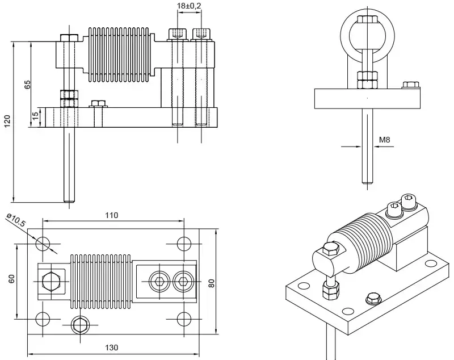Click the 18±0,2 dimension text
[190, 6]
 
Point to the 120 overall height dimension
[7, 121]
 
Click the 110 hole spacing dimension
[111, 215]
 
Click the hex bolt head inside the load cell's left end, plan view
[49, 281]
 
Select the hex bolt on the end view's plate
[410, 86]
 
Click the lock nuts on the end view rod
[367, 79]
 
